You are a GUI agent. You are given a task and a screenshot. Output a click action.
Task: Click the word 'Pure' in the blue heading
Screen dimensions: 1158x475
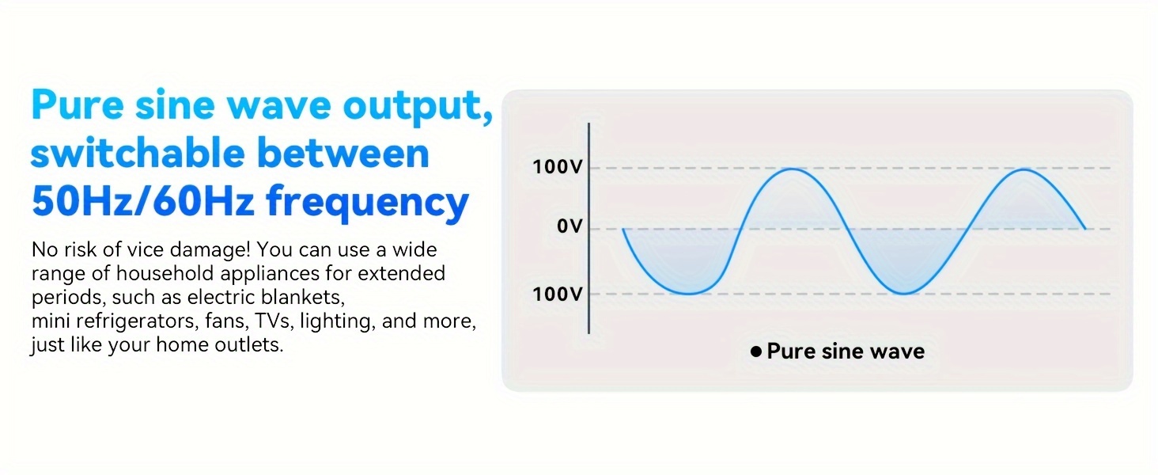(x=78, y=104)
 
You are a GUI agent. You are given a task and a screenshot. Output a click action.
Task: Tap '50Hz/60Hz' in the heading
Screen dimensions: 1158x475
(x=142, y=201)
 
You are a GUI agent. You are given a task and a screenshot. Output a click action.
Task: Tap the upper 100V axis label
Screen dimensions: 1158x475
(x=558, y=167)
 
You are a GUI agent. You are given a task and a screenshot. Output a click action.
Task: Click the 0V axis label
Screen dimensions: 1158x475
(x=570, y=226)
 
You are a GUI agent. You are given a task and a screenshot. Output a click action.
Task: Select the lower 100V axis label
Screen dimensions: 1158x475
(x=558, y=294)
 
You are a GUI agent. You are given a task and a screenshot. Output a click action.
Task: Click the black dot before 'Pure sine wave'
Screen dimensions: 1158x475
(x=756, y=351)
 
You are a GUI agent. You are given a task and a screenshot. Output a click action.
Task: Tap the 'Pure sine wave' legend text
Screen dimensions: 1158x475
(x=846, y=351)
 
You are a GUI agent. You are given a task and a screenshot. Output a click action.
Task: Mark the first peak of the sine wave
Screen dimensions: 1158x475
(x=792, y=169)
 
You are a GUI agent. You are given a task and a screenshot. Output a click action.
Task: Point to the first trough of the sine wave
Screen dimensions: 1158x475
(x=691, y=294)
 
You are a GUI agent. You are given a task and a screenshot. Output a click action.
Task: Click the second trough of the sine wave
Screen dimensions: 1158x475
(x=905, y=294)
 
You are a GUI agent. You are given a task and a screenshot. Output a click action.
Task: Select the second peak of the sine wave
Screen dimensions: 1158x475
(x=1024, y=169)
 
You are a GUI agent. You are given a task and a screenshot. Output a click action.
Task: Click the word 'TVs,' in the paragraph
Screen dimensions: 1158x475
(x=274, y=322)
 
